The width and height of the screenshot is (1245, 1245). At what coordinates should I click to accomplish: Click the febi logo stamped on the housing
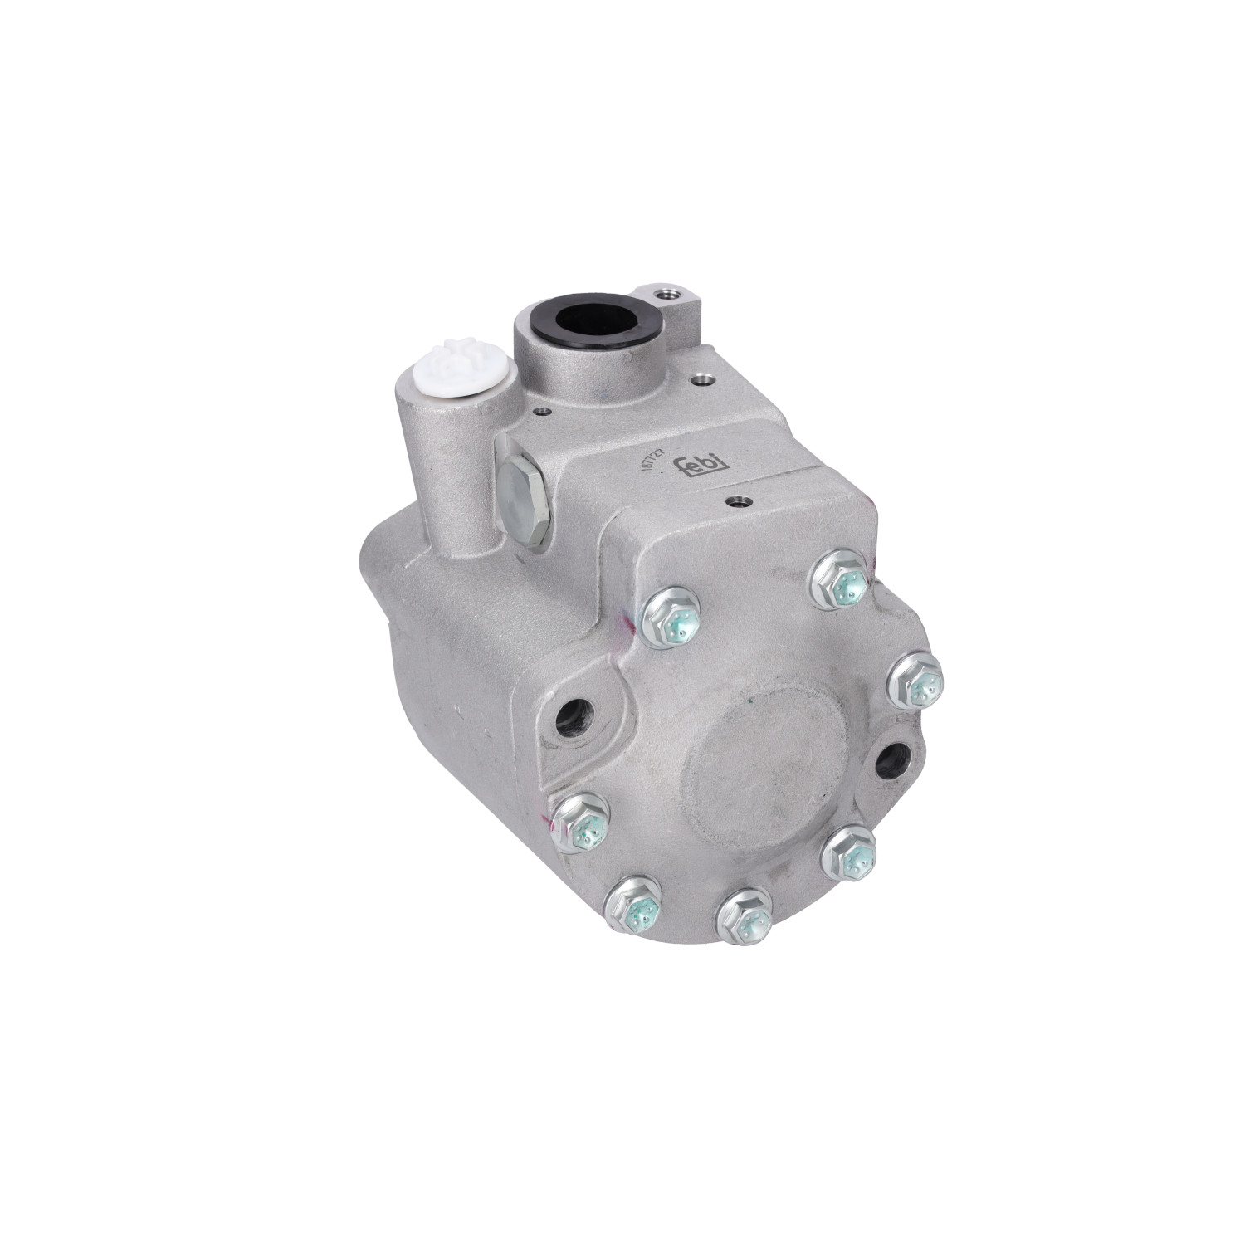click(705, 471)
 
